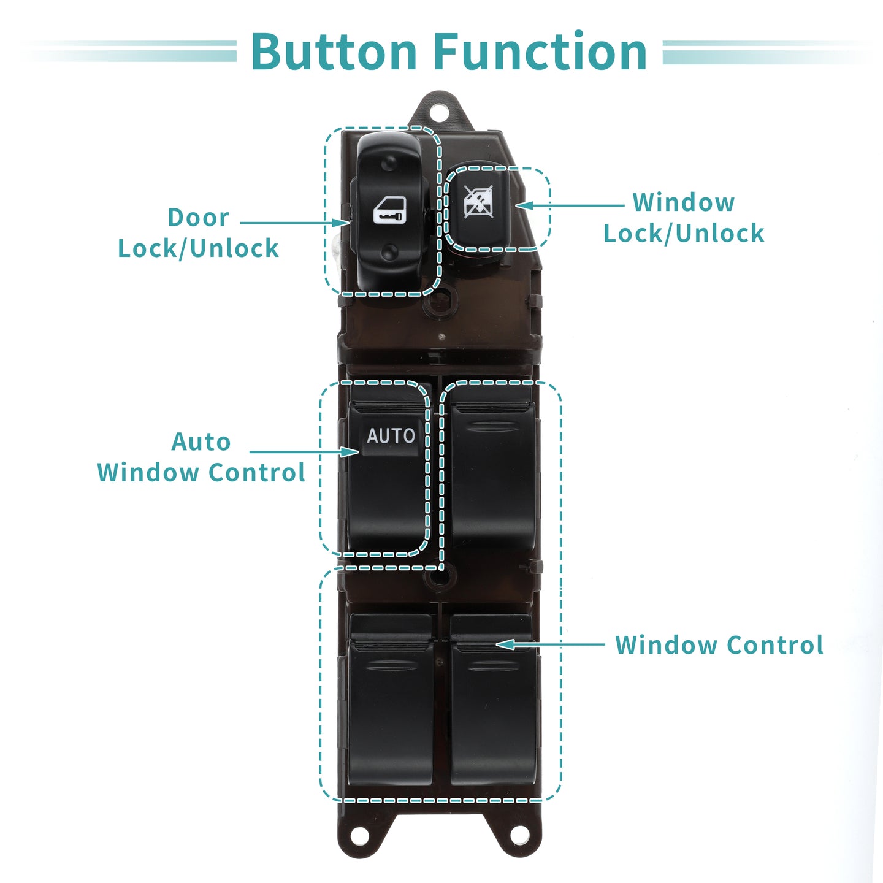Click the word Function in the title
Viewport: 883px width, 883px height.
point(540,51)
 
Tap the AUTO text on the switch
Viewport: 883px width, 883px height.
point(391,435)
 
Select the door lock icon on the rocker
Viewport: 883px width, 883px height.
point(389,210)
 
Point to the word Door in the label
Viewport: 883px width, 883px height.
point(199,217)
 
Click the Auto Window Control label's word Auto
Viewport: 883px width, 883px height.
point(201,442)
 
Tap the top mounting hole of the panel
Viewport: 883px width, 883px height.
point(438,112)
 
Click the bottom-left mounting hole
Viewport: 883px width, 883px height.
point(360,835)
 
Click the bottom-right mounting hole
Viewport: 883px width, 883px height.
point(519,835)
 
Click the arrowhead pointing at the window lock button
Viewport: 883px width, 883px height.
point(524,205)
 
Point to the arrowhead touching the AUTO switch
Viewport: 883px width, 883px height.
point(350,452)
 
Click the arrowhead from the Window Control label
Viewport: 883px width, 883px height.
point(505,644)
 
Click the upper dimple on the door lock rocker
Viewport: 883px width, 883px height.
point(389,162)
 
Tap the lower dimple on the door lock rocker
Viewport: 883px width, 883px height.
point(389,251)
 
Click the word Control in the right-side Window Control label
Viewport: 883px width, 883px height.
point(775,645)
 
